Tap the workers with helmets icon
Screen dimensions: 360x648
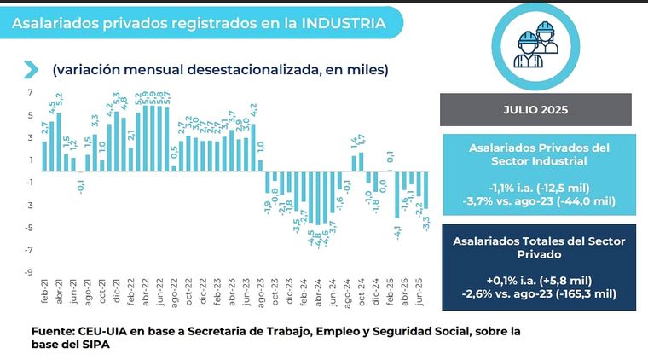tap(535, 48)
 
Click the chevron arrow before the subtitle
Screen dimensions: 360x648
tap(32, 69)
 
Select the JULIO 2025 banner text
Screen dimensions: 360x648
tap(535, 110)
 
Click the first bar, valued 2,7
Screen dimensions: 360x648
tap(44, 154)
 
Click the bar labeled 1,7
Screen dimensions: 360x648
tap(361, 161)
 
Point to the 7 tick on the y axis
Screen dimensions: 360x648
tap(30, 93)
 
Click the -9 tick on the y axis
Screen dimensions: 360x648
tap(27, 272)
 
